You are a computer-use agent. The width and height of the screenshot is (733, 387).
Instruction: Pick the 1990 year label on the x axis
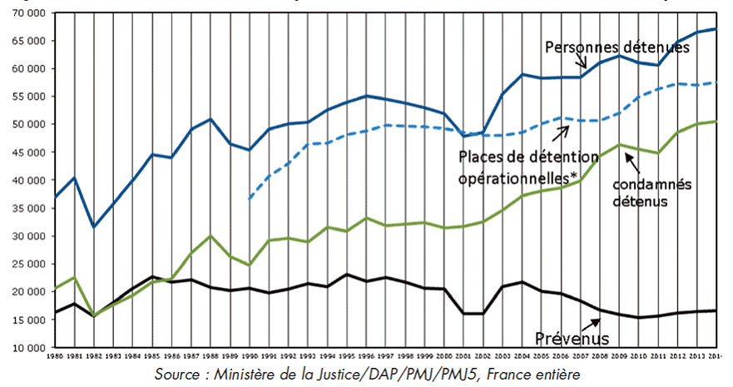[x=249, y=357]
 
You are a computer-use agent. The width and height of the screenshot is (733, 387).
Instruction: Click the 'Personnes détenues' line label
[x=617, y=48]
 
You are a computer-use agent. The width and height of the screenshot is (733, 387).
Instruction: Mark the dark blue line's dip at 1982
[x=95, y=226]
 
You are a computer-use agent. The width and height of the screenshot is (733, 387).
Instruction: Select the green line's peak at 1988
[x=210, y=236]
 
